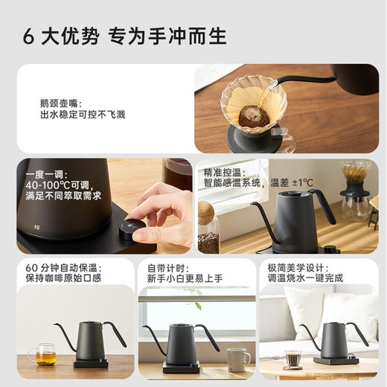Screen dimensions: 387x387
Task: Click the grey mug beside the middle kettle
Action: pyautogui.click(x=238, y=359)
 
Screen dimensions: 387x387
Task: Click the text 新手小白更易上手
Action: pyautogui.click(x=184, y=278)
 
